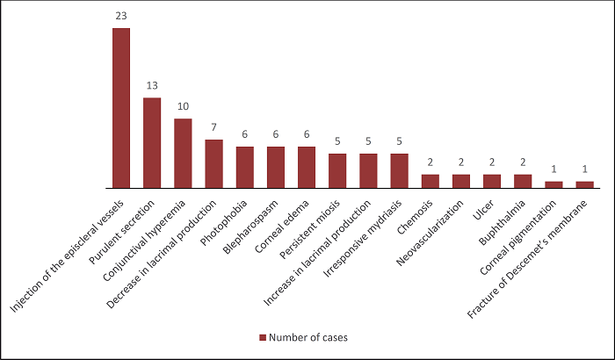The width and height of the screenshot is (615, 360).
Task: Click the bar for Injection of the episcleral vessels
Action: pos(121,108)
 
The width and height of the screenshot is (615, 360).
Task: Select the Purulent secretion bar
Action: pos(152,143)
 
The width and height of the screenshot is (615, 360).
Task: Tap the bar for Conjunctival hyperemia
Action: pos(183,154)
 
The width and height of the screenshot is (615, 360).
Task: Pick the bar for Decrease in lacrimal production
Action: pos(213,164)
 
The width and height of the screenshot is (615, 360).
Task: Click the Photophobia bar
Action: pos(245,168)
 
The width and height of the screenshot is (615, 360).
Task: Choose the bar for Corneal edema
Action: pos(307,168)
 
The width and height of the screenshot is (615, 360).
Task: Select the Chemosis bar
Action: pos(430,182)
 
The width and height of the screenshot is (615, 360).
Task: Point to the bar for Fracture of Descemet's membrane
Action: pos(584,185)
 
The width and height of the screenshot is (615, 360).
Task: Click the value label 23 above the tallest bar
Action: pos(121,17)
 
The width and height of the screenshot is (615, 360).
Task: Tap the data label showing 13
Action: pos(152,86)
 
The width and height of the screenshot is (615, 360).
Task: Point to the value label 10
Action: pos(183,107)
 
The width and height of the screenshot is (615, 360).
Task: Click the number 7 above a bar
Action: pos(213,128)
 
